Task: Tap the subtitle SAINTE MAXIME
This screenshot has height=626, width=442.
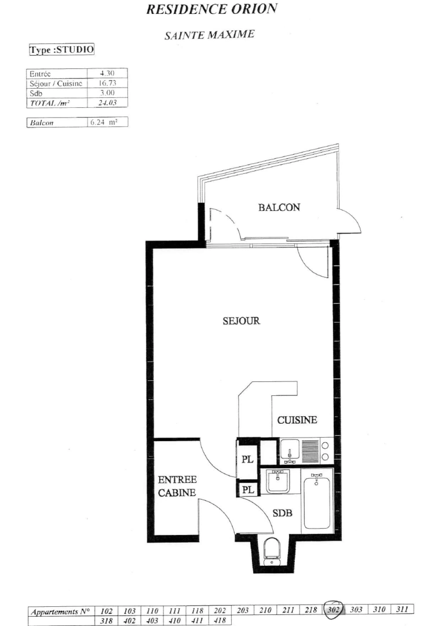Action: coord(209,35)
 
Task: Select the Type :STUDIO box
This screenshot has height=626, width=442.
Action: coord(61,50)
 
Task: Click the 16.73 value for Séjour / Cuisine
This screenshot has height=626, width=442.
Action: coord(107,83)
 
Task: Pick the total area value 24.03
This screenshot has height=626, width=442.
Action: coord(107,102)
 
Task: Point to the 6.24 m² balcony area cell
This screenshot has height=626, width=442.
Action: coord(107,122)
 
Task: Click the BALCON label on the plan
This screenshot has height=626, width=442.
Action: coord(279,208)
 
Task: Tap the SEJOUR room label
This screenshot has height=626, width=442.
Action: coord(240,321)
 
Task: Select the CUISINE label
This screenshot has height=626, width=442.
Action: coord(297,420)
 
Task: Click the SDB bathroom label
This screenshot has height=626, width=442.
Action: coord(282,513)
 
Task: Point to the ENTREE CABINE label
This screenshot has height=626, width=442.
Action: coord(177,486)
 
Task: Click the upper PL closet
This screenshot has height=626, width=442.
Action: coord(247,459)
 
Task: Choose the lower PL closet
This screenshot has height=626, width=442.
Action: coord(247,490)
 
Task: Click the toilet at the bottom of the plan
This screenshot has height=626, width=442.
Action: coord(271,551)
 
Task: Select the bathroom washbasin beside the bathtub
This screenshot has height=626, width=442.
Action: coord(280,482)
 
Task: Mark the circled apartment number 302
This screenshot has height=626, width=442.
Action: coord(334,609)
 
